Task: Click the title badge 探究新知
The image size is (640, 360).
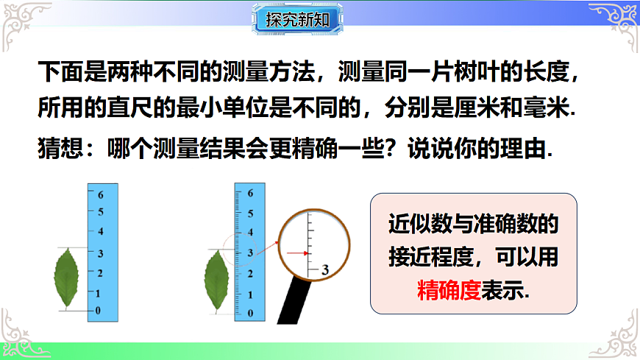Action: pos(298,19)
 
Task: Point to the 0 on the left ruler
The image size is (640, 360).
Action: pos(98,311)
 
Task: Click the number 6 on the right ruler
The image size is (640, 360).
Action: pos(251,194)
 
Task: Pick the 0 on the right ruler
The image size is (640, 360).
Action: pos(251,313)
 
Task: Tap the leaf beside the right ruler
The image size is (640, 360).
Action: pos(217,280)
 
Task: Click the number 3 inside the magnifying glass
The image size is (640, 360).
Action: pos(324,270)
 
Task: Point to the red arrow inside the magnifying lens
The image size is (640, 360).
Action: pos(296,253)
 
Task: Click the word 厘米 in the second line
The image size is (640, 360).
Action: pos(480,108)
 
